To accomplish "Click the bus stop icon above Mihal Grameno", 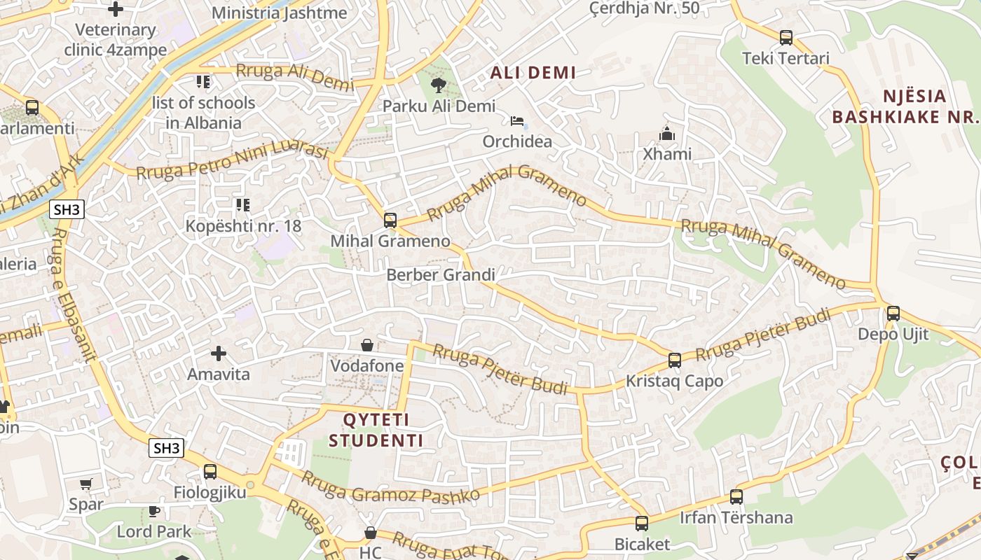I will click(x=390, y=220).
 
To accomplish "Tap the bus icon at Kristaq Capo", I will click(x=675, y=360).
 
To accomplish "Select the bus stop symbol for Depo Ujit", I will click(x=893, y=313).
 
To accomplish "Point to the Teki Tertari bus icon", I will click(x=786, y=38).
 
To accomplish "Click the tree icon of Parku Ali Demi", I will click(x=439, y=85).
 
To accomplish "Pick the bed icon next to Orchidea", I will click(x=517, y=121).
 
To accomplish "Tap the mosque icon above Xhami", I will click(x=667, y=133).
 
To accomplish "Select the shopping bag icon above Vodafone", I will click(x=366, y=345).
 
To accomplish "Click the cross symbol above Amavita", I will click(x=219, y=353).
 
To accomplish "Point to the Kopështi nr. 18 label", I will click(x=243, y=225).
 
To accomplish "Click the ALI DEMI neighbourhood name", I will click(x=533, y=72).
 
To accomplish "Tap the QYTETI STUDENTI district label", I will click(x=376, y=430).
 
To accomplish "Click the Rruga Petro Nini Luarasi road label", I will click(x=233, y=162).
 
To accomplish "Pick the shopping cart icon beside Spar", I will click(x=86, y=484).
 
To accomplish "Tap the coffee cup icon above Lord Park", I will click(x=153, y=511).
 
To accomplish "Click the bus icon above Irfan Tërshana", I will click(x=736, y=497).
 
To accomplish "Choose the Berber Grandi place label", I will click(x=441, y=275).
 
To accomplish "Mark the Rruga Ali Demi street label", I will click(x=295, y=76).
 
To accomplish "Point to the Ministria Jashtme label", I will click(x=279, y=13).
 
